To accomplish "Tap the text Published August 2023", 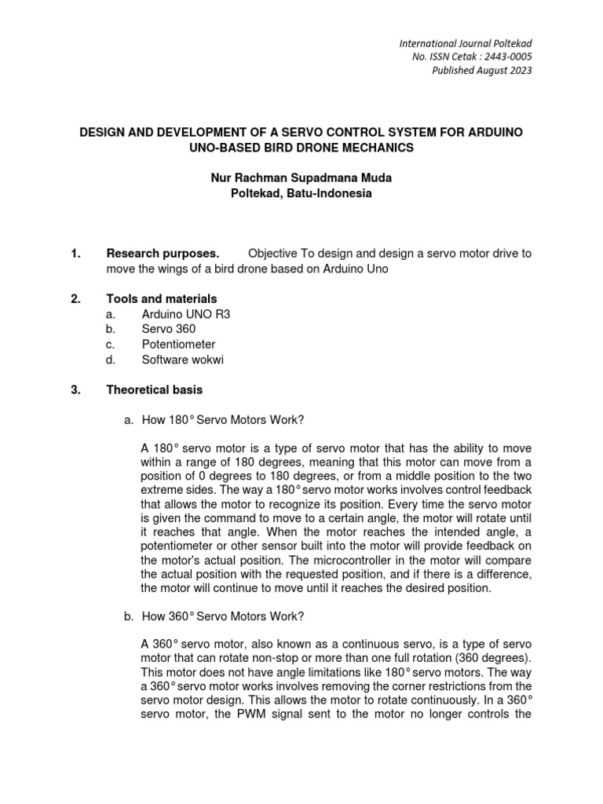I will (x=483, y=71).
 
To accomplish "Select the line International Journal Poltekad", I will (x=466, y=42).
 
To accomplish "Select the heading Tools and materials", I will (x=162, y=299).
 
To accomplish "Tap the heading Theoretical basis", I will (x=154, y=389).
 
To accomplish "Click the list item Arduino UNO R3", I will (x=186, y=314).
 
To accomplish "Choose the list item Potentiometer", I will (x=178, y=344).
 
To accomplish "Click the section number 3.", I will (x=75, y=389).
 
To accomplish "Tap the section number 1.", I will (x=75, y=254).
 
